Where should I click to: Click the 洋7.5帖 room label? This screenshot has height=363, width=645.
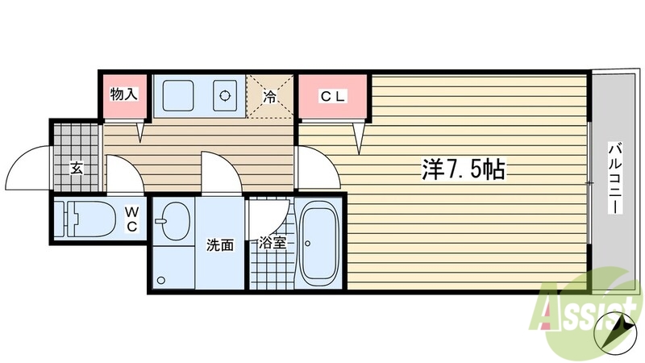click(x=463, y=169)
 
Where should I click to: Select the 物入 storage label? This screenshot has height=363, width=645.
click(x=123, y=94)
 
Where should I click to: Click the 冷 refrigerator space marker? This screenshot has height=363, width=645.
click(x=270, y=98)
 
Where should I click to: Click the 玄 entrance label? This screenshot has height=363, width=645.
click(x=77, y=168)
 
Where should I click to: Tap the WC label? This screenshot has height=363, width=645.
click(x=131, y=218)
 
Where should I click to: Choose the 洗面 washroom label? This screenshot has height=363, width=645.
click(x=220, y=244)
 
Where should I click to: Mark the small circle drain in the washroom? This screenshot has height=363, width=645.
click(x=161, y=281)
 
